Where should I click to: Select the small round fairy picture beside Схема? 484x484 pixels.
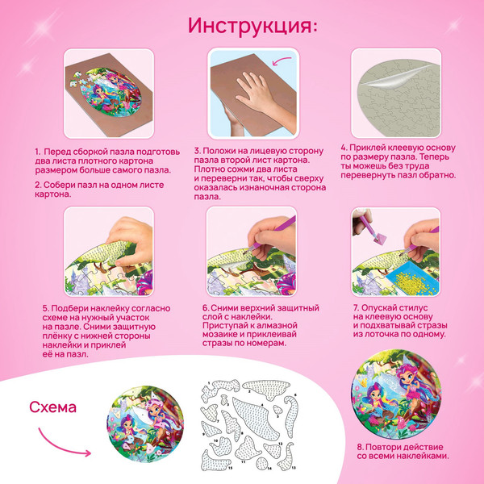pos(143,425)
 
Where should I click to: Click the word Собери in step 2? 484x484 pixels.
pos(61,184)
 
